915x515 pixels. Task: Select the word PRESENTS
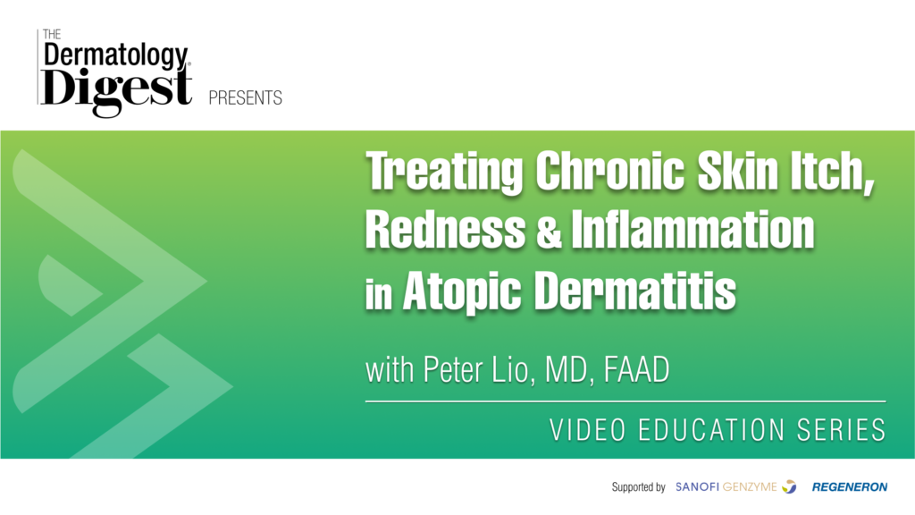coord(245,97)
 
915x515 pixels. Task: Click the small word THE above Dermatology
coord(52,35)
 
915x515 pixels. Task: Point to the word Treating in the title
coord(444,171)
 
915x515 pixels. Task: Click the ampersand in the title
coord(548,230)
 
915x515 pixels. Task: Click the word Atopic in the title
coord(462,291)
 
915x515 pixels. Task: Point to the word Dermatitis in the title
coord(635,290)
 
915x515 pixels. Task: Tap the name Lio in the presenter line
coord(513,369)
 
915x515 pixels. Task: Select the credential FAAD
coord(636,369)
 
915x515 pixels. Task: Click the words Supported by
coord(638,487)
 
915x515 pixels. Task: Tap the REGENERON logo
coord(850,487)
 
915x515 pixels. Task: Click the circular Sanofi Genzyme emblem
coord(789,486)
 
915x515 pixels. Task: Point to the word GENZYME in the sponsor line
coord(750,487)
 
